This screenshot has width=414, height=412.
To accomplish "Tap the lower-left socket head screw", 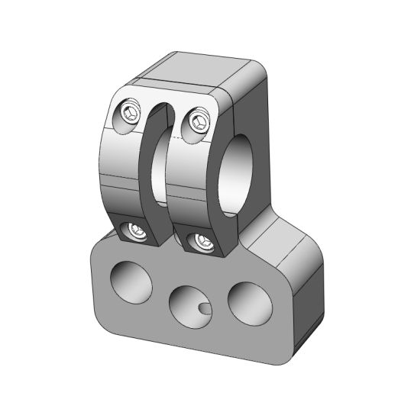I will [x=137, y=233].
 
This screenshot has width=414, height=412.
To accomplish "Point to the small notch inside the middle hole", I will [x=202, y=308].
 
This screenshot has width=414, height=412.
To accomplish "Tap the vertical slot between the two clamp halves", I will [x=155, y=168].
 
